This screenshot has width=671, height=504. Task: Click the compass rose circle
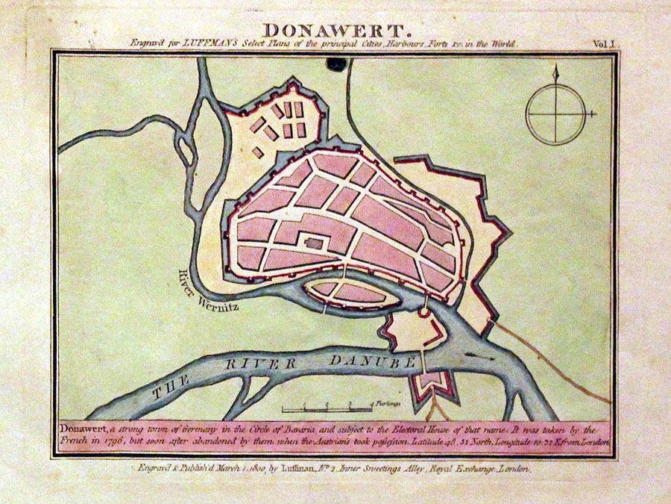pyautogui.click(x=554, y=114)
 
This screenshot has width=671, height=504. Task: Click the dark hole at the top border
pyautogui.click(x=335, y=65)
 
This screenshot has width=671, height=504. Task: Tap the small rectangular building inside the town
pyautogui.click(x=315, y=243)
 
